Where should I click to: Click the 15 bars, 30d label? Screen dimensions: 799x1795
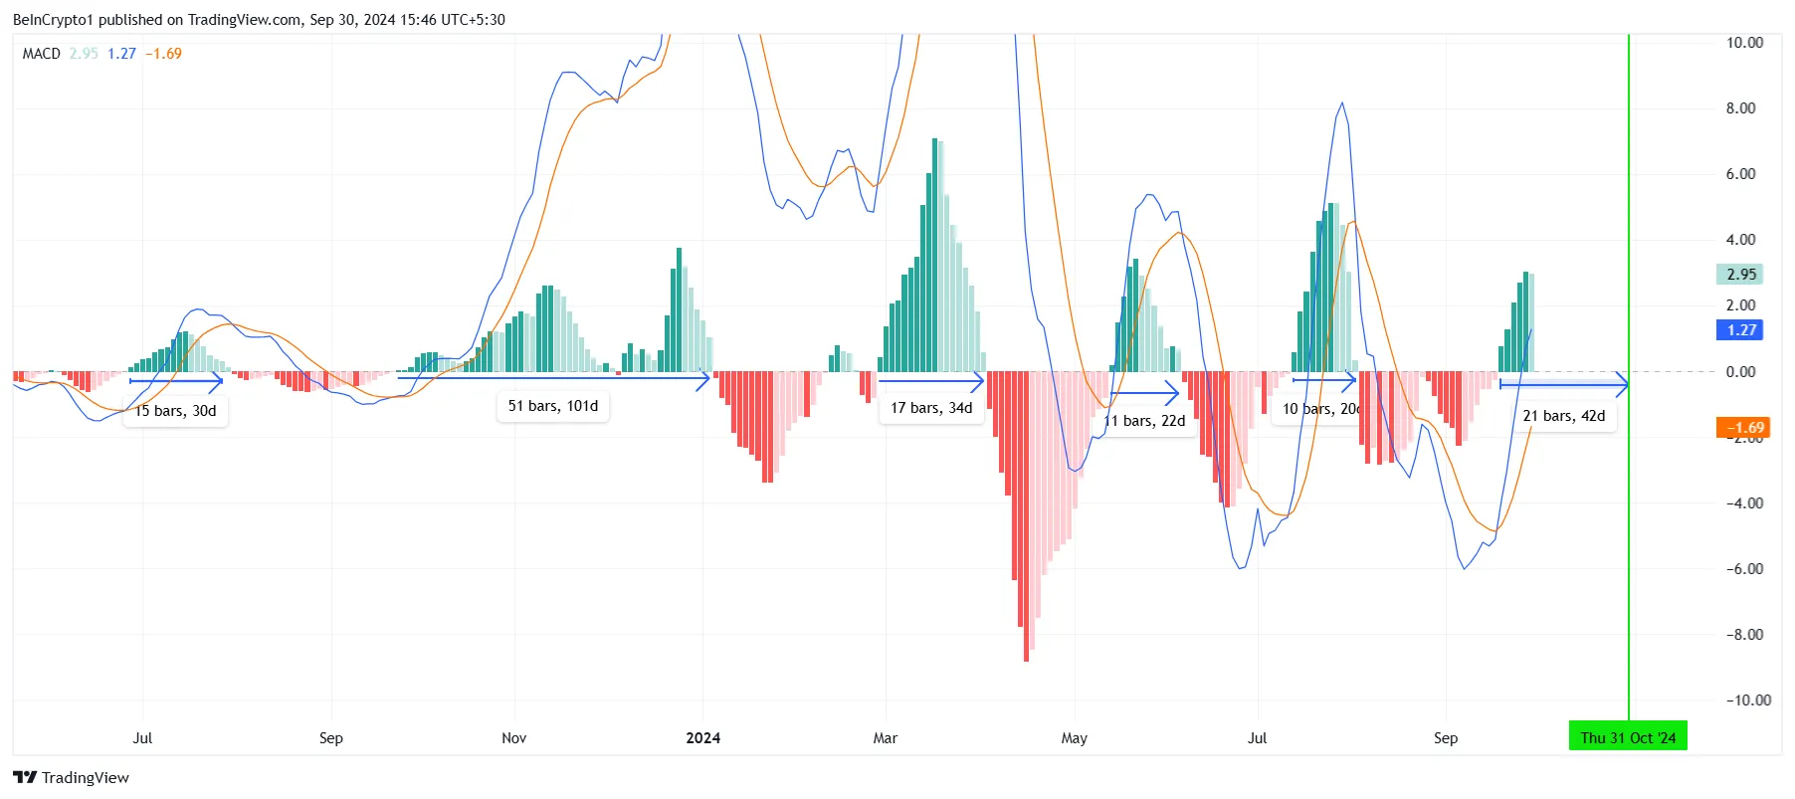tap(176, 411)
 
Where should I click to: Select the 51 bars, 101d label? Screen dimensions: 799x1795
tap(553, 406)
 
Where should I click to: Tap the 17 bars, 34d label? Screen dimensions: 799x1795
tap(931, 408)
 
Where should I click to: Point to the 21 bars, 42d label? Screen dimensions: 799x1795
tap(1564, 416)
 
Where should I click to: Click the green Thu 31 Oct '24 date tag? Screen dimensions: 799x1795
tap(1628, 738)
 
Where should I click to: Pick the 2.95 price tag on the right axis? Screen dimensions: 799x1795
tap(1740, 274)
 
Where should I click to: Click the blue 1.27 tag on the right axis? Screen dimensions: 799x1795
tap(1740, 330)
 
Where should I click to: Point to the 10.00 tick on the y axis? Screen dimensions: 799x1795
tap(1744, 43)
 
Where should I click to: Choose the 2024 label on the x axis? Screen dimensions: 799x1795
tap(703, 738)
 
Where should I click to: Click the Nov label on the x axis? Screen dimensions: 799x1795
tap(514, 738)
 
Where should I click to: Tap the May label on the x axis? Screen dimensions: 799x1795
tap(1075, 738)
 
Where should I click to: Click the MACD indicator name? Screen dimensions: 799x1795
tap(42, 54)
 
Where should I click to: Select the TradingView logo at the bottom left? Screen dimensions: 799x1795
tap(72, 778)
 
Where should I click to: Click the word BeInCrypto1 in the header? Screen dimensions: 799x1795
tap(53, 20)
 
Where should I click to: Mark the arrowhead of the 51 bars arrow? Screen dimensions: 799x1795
tap(706, 378)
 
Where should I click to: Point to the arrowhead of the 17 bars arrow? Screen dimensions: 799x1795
tap(979, 381)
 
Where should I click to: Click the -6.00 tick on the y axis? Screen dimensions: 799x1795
tap(1744, 569)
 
